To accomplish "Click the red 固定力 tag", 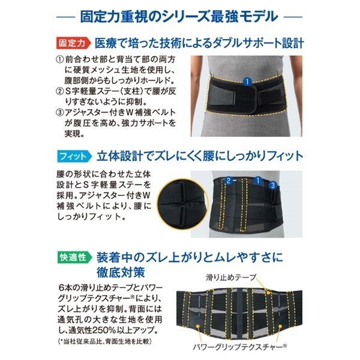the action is pyautogui.click(x=73, y=43).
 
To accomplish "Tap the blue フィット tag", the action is pyautogui.click(x=74, y=157).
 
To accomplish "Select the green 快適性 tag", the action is pyautogui.click(x=74, y=257).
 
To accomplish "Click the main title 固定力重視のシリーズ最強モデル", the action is pyautogui.click(x=179, y=17).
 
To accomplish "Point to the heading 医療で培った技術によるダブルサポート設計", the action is pyautogui.click(x=199, y=43).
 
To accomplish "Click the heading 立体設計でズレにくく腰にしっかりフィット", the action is pyautogui.click(x=200, y=157).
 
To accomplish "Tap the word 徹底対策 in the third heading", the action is pyautogui.click(x=121, y=272).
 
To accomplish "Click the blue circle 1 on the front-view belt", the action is pyautogui.click(x=247, y=82).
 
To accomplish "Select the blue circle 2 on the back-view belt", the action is pyautogui.click(x=228, y=181).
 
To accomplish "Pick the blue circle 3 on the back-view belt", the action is pyautogui.click(x=273, y=185).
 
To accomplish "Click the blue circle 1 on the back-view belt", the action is pyautogui.click(x=258, y=181).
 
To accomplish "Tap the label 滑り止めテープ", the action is pyautogui.click(x=231, y=278).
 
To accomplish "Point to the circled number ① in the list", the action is pyautogui.click(x=59, y=59).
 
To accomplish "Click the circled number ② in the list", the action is pyautogui.click(x=59, y=91).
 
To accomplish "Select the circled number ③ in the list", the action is pyautogui.click(x=59, y=113).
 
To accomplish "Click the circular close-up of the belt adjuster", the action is pyautogui.click(x=182, y=204).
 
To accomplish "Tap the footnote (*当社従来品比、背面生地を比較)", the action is pyautogui.click(x=104, y=341).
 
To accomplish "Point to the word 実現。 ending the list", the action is pyautogui.click(x=74, y=134).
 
